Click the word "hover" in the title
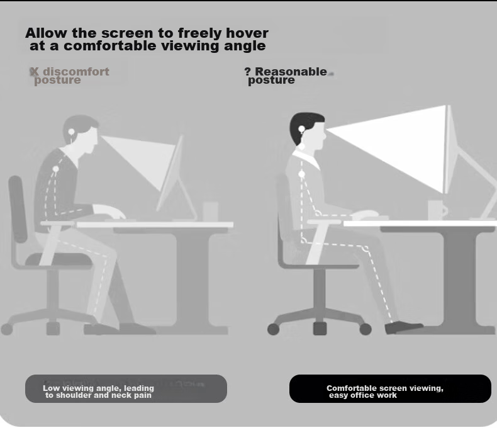pyautogui.click(x=247, y=33)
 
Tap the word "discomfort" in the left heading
pyautogui.click(x=76, y=71)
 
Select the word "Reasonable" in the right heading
pyautogui.click(x=291, y=71)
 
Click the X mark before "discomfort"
pyautogui.click(x=34, y=72)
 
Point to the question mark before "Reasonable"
pyautogui.click(x=247, y=71)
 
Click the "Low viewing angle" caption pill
pyautogui.click(x=126, y=388)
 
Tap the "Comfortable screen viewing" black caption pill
pyautogui.click(x=390, y=388)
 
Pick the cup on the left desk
pyautogui.click(x=211, y=211)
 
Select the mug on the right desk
pyautogui.click(x=437, y=209)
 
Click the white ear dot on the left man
pyautogui.click(x=71, y=132)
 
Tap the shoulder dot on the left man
pyautogui.click(x=56, y=169)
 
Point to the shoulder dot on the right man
pyautogui.click(x=302, y=174)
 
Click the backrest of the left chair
pyautogui.click(x=18, y=209)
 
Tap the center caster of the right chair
pyautogui.click(x=320, y=329)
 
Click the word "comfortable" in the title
pyautogui.click(x=110, y=46)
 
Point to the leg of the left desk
pyautogui.click(x=193, y=279)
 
